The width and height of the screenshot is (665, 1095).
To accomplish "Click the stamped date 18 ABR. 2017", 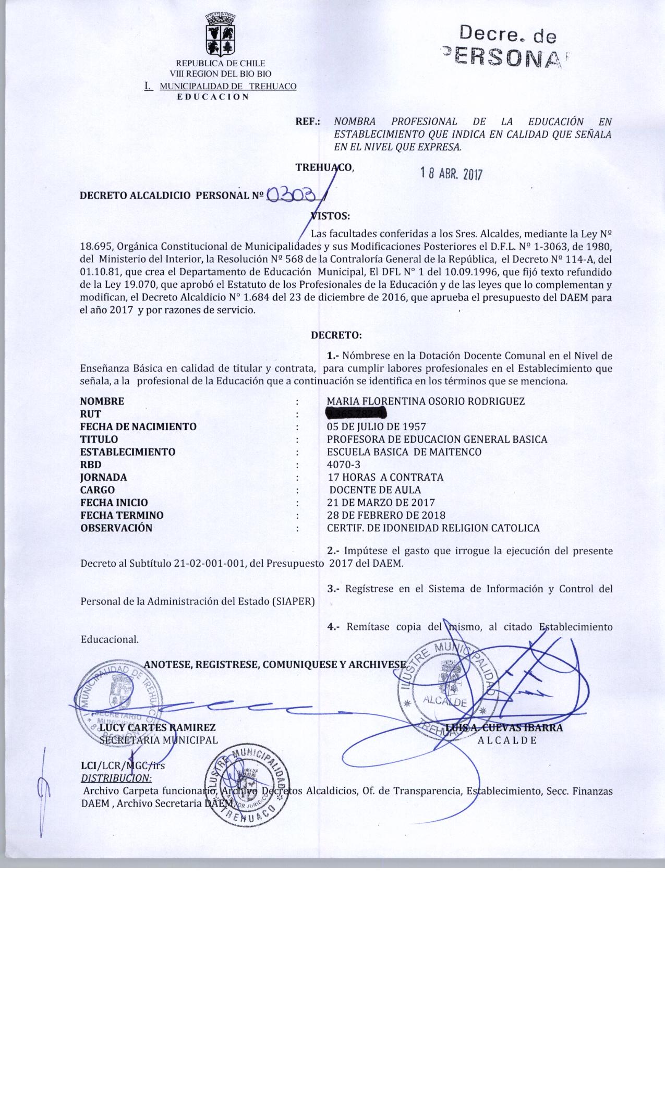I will click(452, 174).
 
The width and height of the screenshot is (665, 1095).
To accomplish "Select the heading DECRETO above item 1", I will click(336, 335).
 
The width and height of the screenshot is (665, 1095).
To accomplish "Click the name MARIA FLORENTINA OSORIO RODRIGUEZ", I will click(426, 401).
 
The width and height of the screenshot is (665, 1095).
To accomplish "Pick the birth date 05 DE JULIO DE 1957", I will click(376, 427).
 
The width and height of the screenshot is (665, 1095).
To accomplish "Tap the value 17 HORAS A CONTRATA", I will click(385, 477).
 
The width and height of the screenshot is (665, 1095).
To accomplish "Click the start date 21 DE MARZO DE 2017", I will click(381, 503).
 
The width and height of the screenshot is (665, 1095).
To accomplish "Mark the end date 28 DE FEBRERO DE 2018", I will click(386, 515).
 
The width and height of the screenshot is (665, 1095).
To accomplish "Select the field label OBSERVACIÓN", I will click(116, 528).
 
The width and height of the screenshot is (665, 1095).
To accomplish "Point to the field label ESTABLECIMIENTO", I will click(128, 452).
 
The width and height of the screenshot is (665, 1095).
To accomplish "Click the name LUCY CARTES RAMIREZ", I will click(157, 727).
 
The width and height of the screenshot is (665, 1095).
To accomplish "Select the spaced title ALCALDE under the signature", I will click(507, 740).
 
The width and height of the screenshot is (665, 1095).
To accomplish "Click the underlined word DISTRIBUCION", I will click(116, 778).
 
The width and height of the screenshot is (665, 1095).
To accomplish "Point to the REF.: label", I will click(307, 122).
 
